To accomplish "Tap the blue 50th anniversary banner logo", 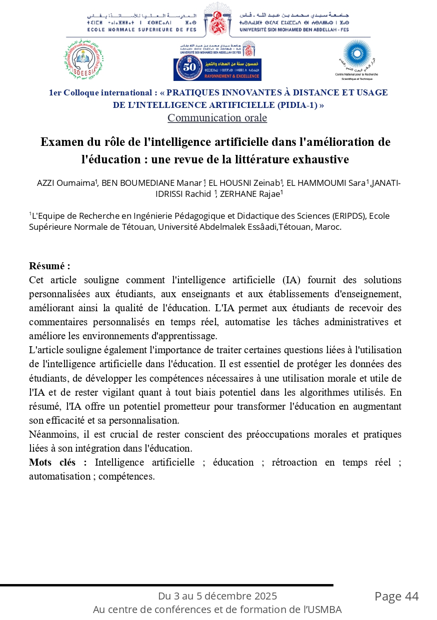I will tap(217, 69).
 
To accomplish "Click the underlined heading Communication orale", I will tap(217, 118).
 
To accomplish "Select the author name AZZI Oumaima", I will tap(65, 183).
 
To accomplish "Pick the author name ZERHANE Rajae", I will tap(251, 194).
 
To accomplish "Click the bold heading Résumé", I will tap(49, 266).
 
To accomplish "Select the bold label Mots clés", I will tap(57, 462).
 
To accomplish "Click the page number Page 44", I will tap(396, 597).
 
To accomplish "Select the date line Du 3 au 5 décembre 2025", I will tap(217, 596).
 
